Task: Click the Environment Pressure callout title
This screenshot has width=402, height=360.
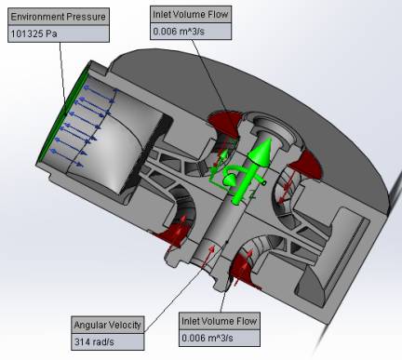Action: (x=59, y=17)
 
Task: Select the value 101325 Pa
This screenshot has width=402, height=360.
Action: (x=34, y=33)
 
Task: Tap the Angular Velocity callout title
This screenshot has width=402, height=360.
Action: (x=108, y=325)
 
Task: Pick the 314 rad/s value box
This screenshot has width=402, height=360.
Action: (x=108, y=341)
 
